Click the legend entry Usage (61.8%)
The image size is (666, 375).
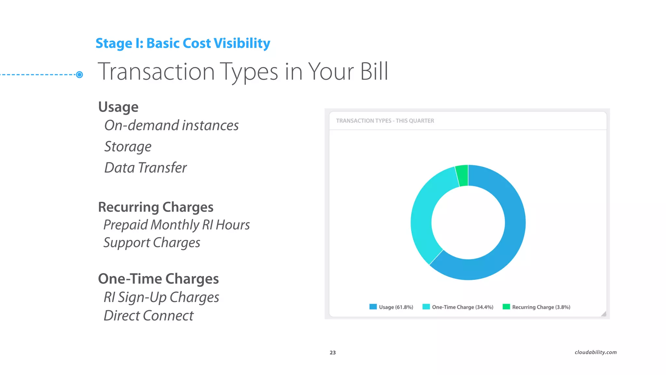391,307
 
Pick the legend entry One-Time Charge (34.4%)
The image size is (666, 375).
458,307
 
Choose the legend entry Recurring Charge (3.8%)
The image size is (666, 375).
537,307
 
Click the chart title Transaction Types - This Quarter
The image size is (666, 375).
385,121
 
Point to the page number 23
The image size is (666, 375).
333,353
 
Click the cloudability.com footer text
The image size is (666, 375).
595,352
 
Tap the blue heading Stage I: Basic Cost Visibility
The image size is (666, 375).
183,43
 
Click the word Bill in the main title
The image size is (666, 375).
374,72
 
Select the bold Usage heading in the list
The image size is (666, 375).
118,107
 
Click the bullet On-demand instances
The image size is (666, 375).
171,126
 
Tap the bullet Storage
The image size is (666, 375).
128,147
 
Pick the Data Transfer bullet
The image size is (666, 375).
145,168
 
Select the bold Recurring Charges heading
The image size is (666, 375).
156,207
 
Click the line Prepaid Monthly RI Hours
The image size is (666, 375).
177,225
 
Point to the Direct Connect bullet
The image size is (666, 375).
149,316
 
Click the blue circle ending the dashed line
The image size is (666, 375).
79,75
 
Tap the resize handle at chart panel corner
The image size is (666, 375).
604,314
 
